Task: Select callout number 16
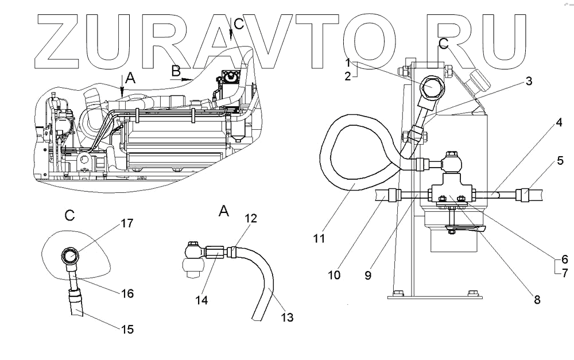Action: point(127,293)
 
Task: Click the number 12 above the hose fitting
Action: point(250,219)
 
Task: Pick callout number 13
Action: point(286,317)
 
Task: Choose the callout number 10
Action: point(334,275)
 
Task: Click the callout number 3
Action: point(528,82)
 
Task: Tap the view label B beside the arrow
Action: point(176,71)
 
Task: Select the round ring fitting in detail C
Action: point(69,254)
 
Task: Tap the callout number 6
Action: point(564,259)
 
